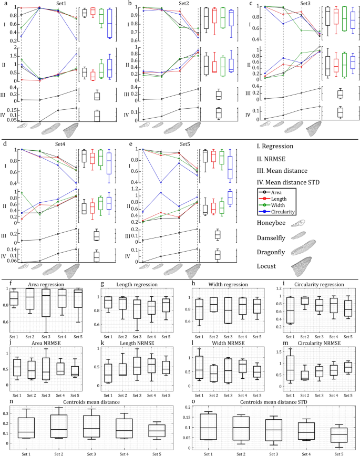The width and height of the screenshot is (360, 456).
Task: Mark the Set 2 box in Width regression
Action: tap(213, 305)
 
